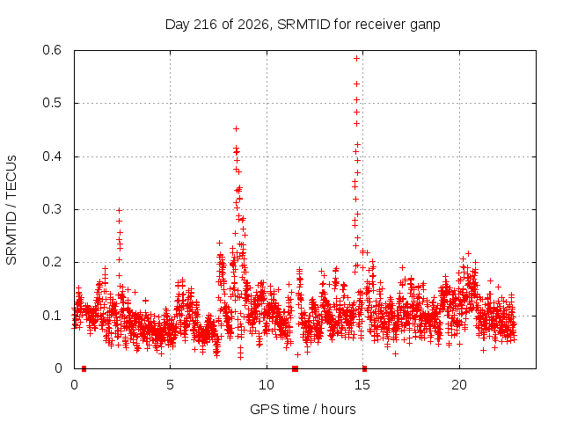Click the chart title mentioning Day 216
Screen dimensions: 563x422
[303, 25]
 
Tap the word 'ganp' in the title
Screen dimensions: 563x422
[425, 25]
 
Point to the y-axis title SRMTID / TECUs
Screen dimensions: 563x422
[11, 210]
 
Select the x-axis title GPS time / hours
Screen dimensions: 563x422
[303, 409]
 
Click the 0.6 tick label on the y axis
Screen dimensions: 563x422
[52, 50]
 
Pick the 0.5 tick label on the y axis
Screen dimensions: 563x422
[52, 103]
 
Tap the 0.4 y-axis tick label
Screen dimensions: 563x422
[52, 156]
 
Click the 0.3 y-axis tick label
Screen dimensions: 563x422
[52, 209]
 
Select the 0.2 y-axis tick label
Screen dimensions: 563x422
[52, 262]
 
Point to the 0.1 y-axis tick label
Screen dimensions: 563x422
[52, 316]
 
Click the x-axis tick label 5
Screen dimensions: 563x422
[170, 385]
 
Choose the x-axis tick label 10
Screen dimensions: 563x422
[267, 385]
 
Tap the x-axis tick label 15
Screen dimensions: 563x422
[362, 385]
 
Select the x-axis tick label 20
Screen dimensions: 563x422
[459, 385]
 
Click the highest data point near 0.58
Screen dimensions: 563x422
[356, 59]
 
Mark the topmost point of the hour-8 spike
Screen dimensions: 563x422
[236, 128]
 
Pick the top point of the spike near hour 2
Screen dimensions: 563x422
[120, 211]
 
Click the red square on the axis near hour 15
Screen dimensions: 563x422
[364, 368]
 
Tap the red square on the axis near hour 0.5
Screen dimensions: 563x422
[84, 368]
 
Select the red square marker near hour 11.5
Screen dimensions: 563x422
[296, 368]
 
